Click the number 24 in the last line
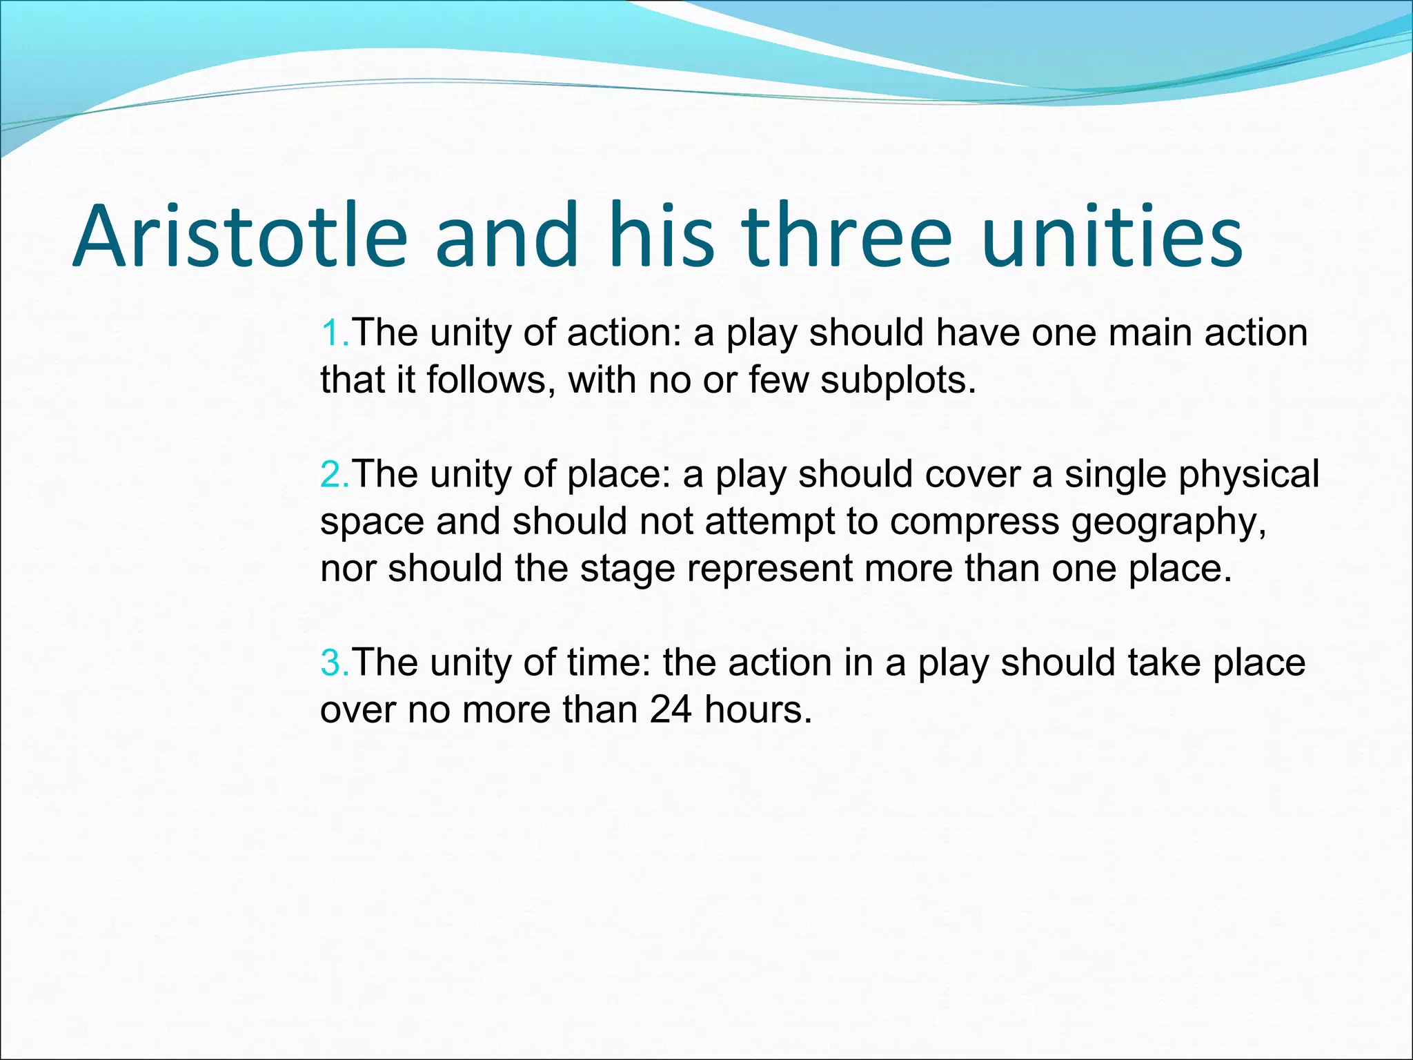(x=670, y=709)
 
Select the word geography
(x=1169, y=522)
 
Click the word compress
(x=974, y=522)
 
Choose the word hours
(x=758, y=709)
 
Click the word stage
(x=627, y=569)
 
